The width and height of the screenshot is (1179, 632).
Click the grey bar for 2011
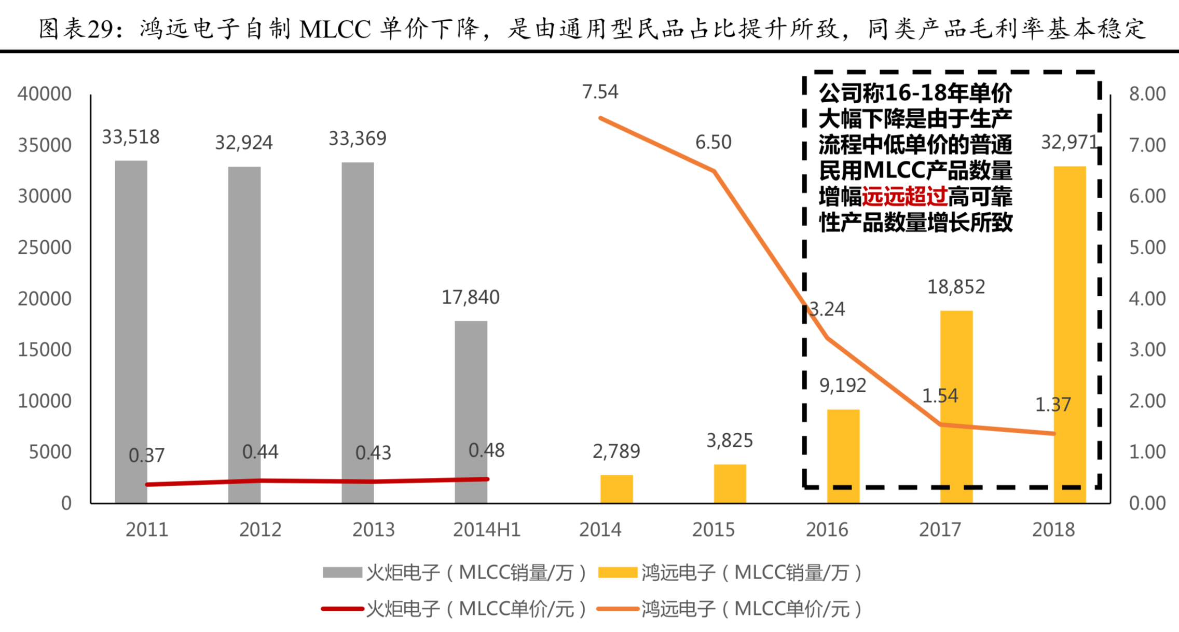pos(131,332)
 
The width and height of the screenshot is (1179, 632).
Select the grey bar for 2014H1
pos(471,412)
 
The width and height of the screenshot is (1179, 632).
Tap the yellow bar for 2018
pos(1070,335)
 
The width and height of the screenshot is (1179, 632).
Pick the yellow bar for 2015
pos(730,484)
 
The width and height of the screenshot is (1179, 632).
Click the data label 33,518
pos(131,137)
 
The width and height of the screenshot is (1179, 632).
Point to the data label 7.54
pos(600,92)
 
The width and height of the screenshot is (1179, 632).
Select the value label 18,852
pos(956,286)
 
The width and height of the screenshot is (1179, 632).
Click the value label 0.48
pos(486,450)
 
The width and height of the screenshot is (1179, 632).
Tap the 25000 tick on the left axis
pos(45,248)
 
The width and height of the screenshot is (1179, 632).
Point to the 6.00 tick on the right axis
pos(1147,196)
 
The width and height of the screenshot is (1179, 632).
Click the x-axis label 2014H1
pos(486,530)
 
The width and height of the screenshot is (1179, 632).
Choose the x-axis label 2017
pos(940,530)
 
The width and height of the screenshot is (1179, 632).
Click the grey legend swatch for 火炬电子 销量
pos(342,573)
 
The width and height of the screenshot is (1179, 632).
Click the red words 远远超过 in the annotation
pos(904,197)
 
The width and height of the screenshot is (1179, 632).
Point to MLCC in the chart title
pos(335,29)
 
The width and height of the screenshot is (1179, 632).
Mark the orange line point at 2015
pos(714,171)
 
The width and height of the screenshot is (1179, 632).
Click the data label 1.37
pos(1052,405)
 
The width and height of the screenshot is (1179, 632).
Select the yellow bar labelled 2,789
pos(616,489)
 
